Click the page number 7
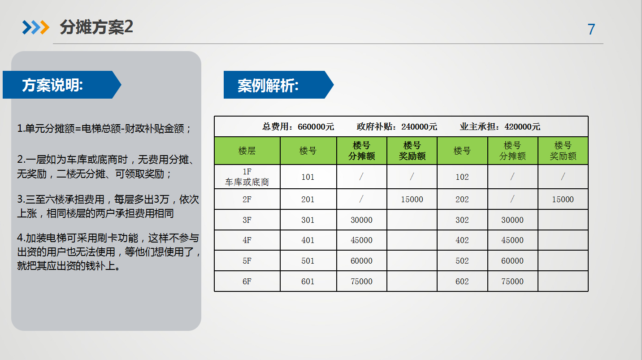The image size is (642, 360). click(591, 29)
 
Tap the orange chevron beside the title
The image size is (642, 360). click(45, 27)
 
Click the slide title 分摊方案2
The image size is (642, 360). click(96, 27)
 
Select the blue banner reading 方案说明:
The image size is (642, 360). click(62, 85)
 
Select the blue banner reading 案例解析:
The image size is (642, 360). click(278, 85)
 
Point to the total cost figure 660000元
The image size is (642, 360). click(316, 127)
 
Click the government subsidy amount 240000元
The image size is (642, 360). click(419, 127)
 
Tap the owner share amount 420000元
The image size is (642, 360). click(522, 127)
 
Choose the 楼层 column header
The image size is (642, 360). click(247, 151)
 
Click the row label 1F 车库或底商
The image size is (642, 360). click(247, 177)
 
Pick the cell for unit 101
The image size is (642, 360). click(308, 177)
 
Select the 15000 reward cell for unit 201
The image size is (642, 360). click(412, 199)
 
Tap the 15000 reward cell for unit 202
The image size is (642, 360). click(563, 199)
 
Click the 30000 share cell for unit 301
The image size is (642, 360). click(361, 220)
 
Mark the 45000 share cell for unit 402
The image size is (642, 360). click(512, 240)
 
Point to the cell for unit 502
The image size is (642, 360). click(462, 261)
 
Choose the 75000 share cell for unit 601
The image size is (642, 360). click(361, 282)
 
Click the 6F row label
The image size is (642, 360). click(247, 282)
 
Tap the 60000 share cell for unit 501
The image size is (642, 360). click(361, 261)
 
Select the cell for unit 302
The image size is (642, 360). click(462, 220)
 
